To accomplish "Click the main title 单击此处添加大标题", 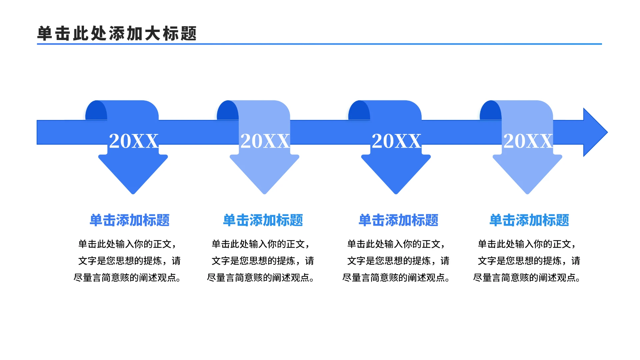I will (x=117, y=34).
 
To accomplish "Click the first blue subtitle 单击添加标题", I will (x=130, y=220).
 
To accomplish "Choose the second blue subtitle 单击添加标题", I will (x=263, y=220).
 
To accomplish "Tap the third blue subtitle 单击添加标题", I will (x=398, y=220).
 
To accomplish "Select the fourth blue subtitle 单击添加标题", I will (x=529, y=220).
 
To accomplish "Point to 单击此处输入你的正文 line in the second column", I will (x=261, y=244).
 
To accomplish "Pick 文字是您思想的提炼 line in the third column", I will (x=398, y=261).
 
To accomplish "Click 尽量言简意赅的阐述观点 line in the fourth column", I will (x=527, y=277).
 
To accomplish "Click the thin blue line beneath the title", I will (x=319, y=44).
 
